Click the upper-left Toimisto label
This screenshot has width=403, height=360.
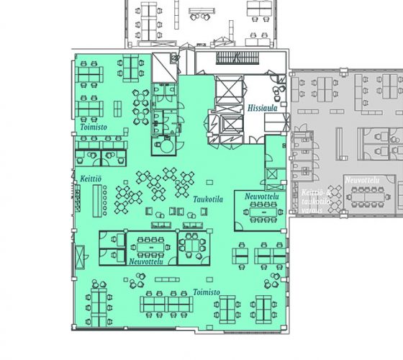[x=93, y=127]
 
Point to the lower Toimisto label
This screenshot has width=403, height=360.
[x=207, y=292]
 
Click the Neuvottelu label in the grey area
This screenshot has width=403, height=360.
[x=361, y=179]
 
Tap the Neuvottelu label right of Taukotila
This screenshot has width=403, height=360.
[x=261, y=197]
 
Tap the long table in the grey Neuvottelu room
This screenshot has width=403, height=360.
[x=370, y=193]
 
